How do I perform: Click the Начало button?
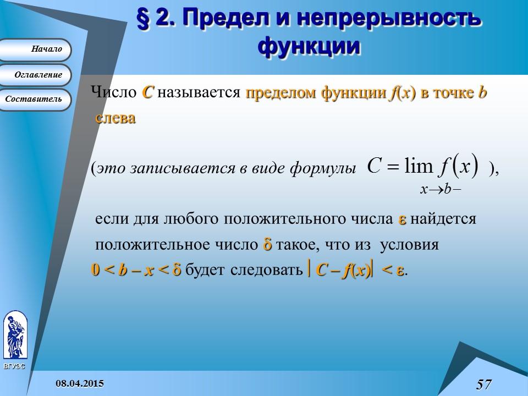[x=36, y=50]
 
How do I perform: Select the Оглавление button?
[x=36, y=75]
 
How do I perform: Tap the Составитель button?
[x=36, y=100]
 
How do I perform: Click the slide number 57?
[x=483, y=384]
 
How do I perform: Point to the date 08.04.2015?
[x=80, y=382]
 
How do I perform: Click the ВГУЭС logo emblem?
[x=15, y=336]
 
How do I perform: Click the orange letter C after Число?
[x=147, y=92]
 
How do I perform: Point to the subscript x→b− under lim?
[x=440, y=189]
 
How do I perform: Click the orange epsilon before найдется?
[x=402, y=219]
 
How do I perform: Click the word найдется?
[x=443, y=219]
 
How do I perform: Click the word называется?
[x=199, y=92]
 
